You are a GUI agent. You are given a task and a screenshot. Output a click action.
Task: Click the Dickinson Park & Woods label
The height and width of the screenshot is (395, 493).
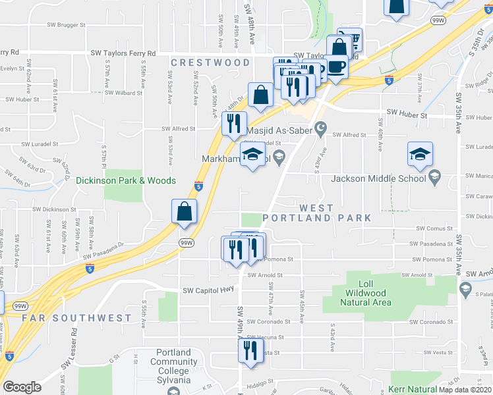point(125,180)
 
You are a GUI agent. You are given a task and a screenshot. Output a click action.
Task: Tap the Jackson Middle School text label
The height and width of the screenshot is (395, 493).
point(379,178)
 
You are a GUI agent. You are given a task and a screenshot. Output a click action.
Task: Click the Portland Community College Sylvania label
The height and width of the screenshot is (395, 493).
point(173,366)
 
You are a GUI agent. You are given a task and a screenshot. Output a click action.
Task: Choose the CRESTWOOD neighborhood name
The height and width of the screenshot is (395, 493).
point(210,63)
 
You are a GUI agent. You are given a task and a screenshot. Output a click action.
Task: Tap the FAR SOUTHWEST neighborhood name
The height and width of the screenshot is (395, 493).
point(76,318)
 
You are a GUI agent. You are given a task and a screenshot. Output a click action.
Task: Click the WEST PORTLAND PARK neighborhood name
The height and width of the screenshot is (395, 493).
point(316,213)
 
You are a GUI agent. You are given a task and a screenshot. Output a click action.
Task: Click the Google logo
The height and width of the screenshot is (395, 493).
point(22,387)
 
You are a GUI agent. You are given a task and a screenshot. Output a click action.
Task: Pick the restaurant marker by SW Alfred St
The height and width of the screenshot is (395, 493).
point(234,123)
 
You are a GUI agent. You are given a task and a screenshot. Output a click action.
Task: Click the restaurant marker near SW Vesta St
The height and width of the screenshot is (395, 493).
point(250,349)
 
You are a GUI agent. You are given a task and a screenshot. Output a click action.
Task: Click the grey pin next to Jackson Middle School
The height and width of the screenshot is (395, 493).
point(434,176)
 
